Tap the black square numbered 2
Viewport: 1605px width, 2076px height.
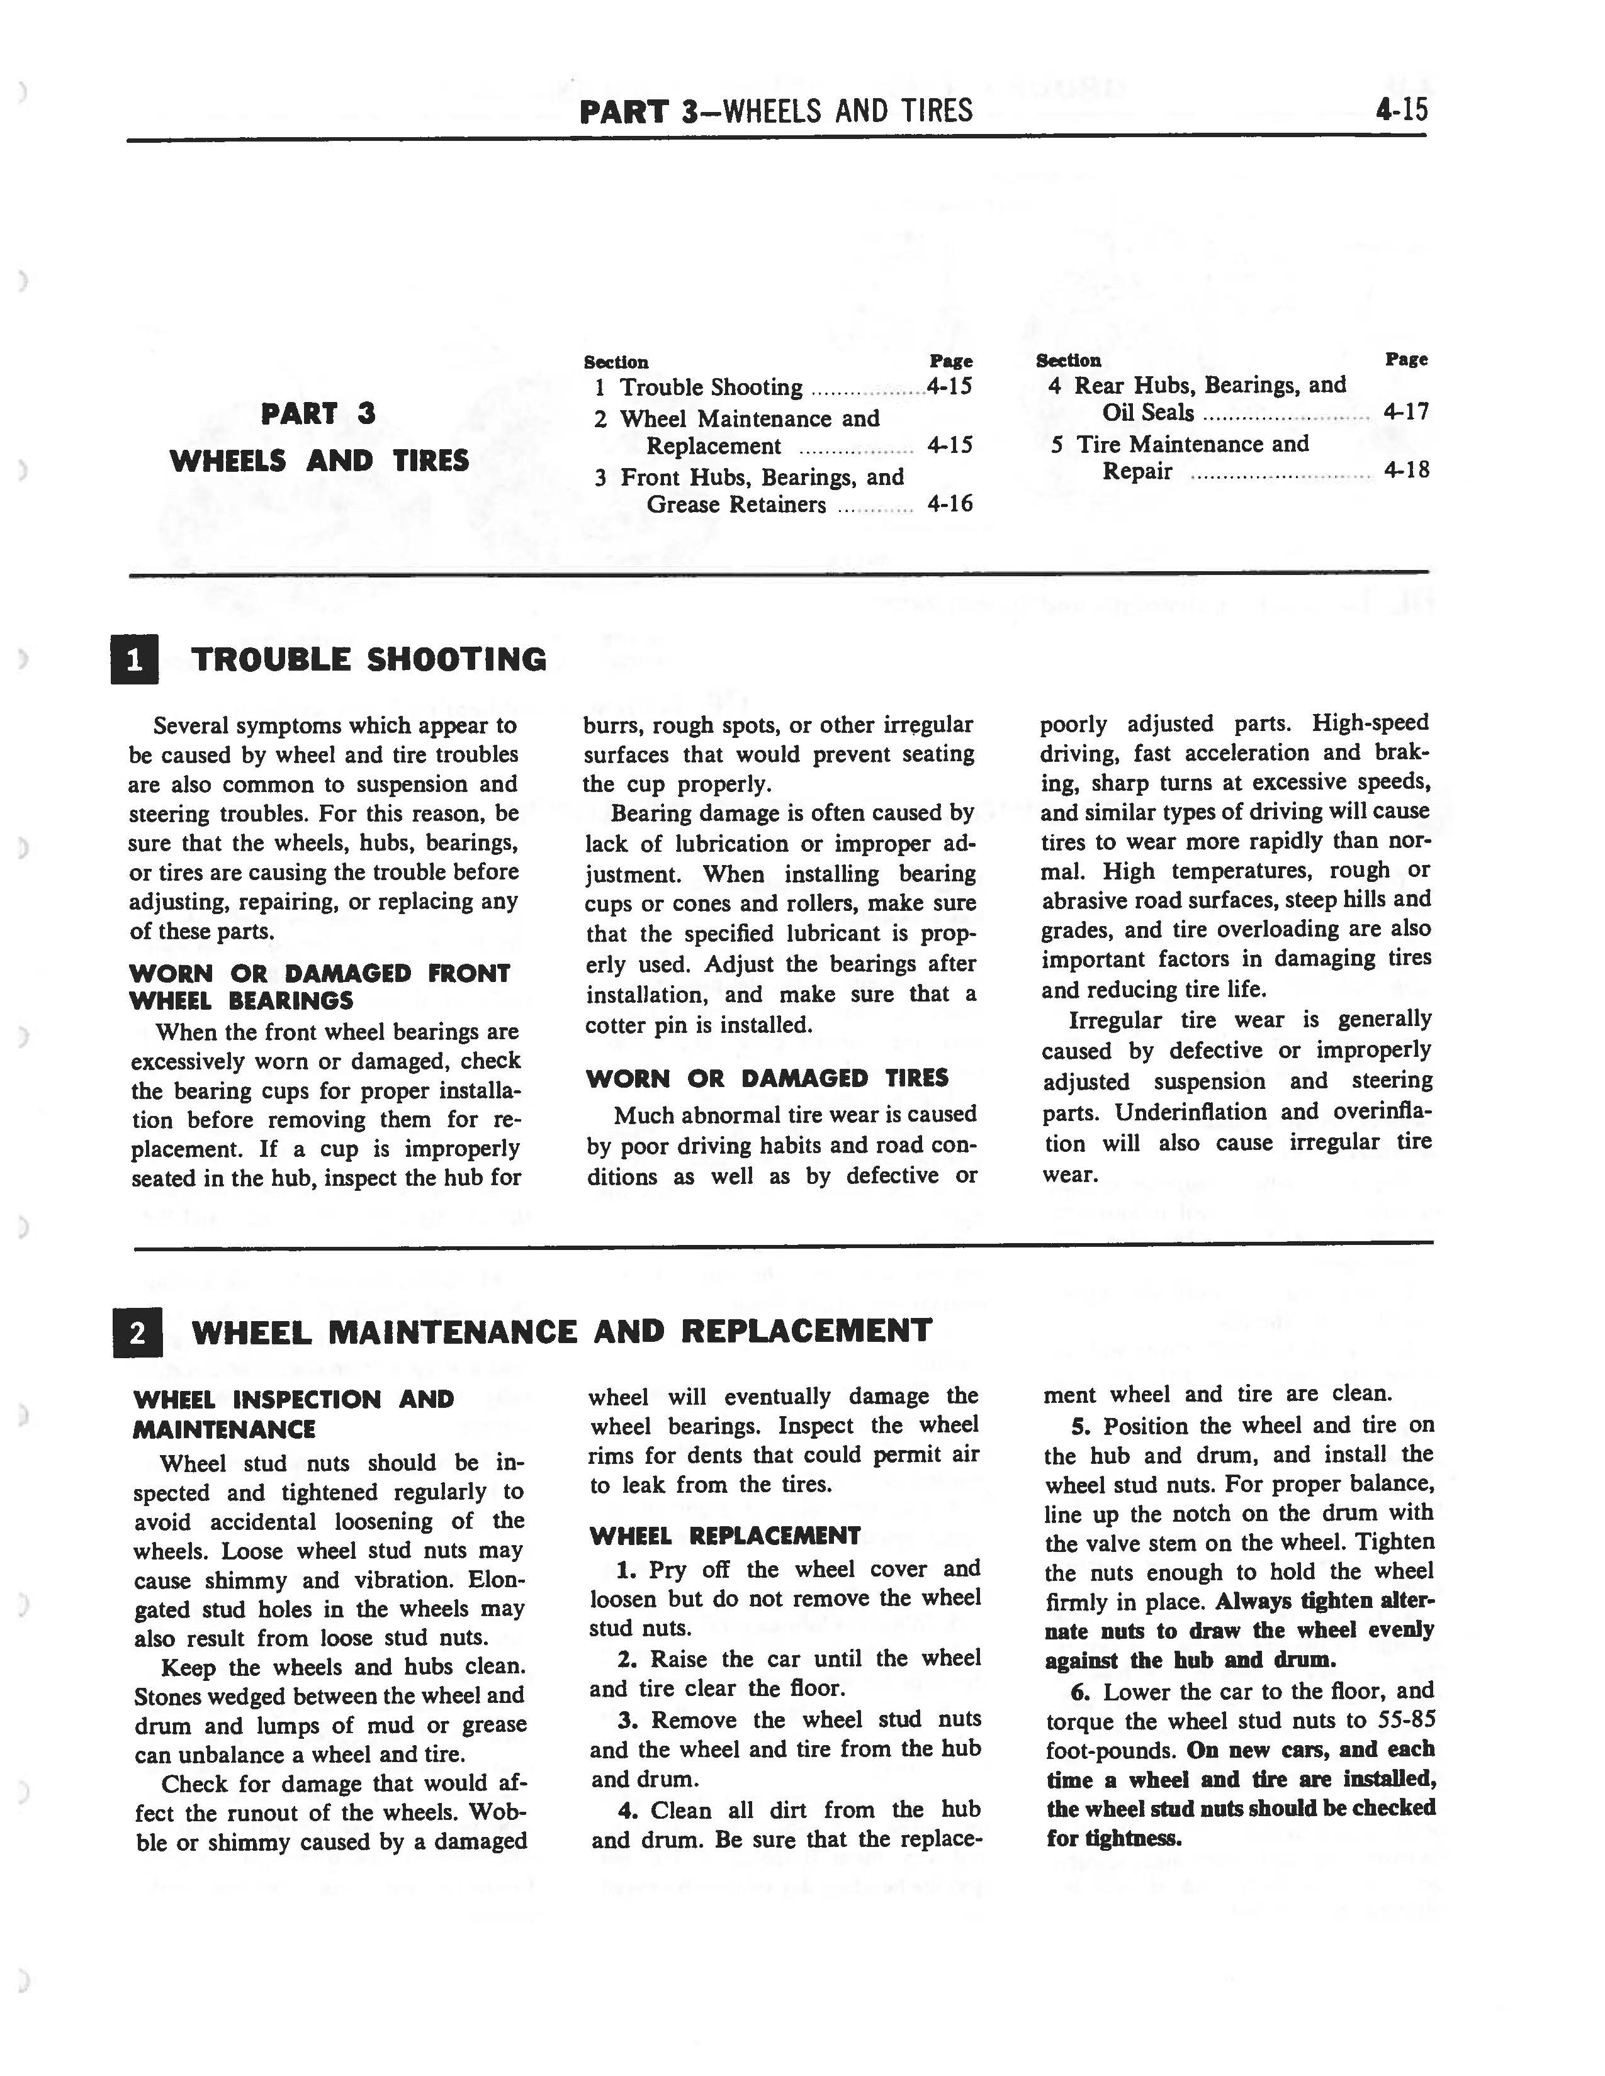click(137, 1332)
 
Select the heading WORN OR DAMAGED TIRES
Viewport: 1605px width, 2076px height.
click(767, 1078)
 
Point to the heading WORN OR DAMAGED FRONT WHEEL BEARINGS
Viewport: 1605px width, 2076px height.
click(320, 986)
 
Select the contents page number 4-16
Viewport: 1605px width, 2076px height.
click(950, 504)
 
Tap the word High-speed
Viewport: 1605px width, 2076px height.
click(1370, 723)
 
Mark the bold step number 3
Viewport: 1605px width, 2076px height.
click(627, 1721)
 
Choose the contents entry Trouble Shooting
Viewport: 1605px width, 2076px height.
click(711, 388)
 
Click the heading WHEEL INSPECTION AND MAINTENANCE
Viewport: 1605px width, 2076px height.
click(294, 1414)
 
